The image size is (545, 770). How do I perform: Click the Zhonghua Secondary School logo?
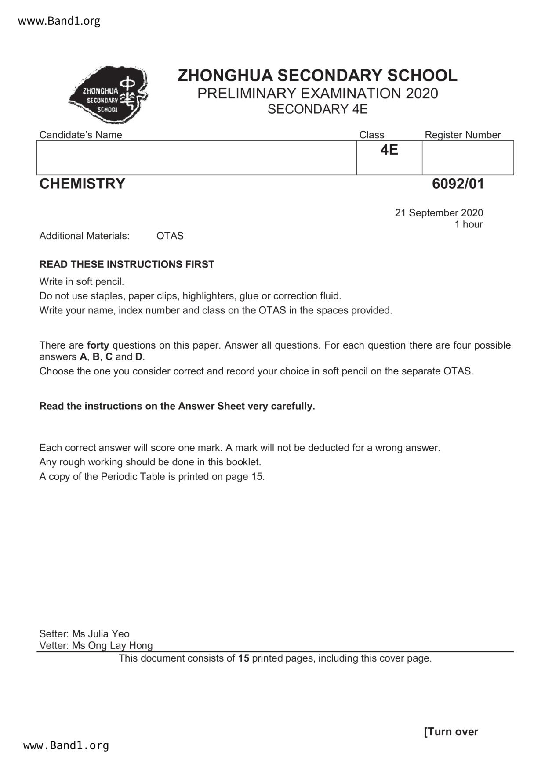pyautogui.click(x=109, y=95)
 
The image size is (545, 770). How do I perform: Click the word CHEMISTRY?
pyautogui.click(x=82, y=184)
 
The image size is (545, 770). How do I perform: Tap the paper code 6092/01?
pyautogui.click(x=458, y=184)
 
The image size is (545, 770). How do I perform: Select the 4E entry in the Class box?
pyautogui.click(x=389, y=150)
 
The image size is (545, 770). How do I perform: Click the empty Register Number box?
pyautogui.click(x=468, y=158)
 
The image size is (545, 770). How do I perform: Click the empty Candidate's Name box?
pyautogui.click(x=196, y=158)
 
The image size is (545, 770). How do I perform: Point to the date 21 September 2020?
pyautogui.click(x=439, y=213)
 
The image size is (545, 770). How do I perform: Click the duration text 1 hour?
pyautogui.click(x=469, y=224)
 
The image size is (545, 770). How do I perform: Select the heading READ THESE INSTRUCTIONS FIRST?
pyautogui.click(x=127, y=264)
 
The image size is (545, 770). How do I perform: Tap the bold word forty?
pyautogui.click(x=98, y=345)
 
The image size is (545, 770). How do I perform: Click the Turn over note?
pyautogui.click(x=451, y=732)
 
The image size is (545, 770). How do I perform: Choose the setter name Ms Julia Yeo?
pyautogui.click(x=101, y=634)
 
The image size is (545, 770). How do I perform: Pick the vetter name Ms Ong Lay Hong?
pyautogui.click(x=112, y=645)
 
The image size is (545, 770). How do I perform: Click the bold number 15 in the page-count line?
pyautogui.click(x=243, y=658)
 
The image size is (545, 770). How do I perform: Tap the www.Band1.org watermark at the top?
pyautogui.click(x=59, y=21)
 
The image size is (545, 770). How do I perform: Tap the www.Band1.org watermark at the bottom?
pyautogui.click(x=66, y=745)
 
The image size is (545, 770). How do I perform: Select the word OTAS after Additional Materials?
pyautogui.click(x=170, y=236)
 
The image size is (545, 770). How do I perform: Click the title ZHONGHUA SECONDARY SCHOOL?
pyautogui.click(x=317, y=76)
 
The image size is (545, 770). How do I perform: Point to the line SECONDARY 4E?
pyautogui.click(x=317, y=109)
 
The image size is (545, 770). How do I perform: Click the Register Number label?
pyautogui.click(x=462, y=135)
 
